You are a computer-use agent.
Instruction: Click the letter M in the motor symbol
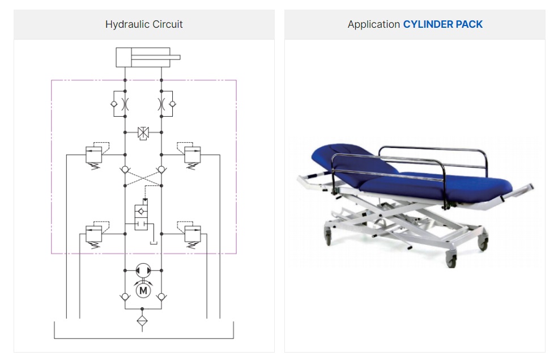pos(143,291)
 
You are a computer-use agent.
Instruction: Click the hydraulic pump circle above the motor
pos(143,270)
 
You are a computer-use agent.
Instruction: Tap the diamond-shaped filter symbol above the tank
pos(142,321)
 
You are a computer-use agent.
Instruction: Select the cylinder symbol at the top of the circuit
pos(148,57)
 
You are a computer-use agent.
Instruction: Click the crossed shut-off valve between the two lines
pos(143,133)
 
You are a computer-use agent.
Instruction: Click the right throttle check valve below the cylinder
pos(167,104)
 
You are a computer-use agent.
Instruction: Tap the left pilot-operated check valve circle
pos(125,170)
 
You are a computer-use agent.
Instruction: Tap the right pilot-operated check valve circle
pos(161,170)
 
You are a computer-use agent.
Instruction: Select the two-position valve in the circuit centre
pos(141,217)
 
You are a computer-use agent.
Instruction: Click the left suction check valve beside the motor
pos(125,297)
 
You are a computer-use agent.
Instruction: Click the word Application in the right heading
pos(374,24)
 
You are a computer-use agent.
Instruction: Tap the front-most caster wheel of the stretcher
pos(451,260)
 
